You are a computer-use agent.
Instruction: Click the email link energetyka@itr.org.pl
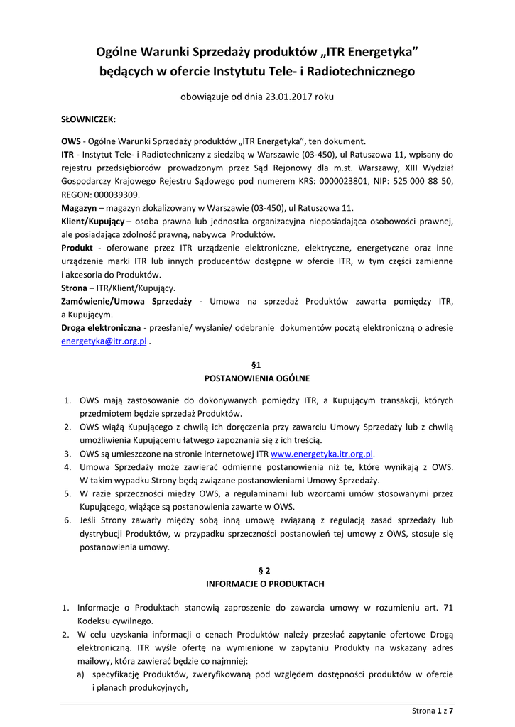[x=104, y=341]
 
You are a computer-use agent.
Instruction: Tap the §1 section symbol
[x=257, y=365]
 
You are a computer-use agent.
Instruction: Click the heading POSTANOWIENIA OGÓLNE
[x=257, y=378]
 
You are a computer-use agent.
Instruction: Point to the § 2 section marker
[x=257, y=570]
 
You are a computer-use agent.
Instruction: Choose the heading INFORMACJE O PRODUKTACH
[x=257, y=584]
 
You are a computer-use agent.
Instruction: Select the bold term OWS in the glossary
[x=71, y=141]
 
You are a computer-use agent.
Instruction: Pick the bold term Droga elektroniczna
[x=101, y=328]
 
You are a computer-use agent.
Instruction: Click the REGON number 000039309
[x=116, y=195]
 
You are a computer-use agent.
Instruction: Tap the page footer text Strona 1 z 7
[x=433, y=710]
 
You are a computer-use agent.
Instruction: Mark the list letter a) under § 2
[x=82, y=674]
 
